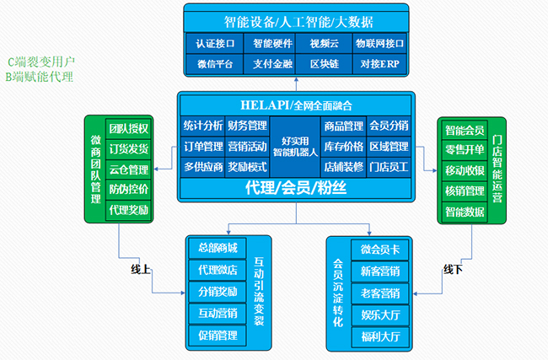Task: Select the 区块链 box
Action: [325, 63]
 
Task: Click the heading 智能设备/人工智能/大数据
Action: [295, 20]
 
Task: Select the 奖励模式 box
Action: [247, 167]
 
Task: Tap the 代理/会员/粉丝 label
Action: [295, 187]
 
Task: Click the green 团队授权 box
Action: [128, 129]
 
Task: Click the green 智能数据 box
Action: [465, 212]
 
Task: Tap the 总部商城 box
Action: [217, 249]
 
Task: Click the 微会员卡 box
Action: [379, 250]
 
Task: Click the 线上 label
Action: [139, 271]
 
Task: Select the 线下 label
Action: [453, 270]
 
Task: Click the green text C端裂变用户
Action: [41, 62]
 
